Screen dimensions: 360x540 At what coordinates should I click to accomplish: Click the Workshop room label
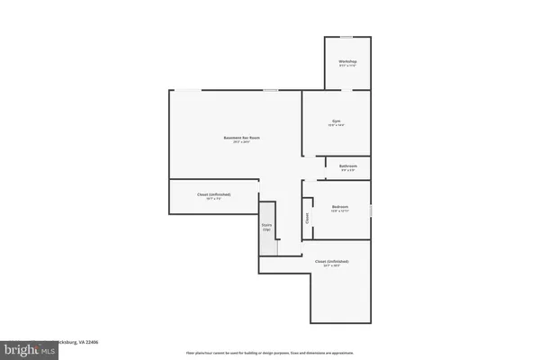coord(347,61)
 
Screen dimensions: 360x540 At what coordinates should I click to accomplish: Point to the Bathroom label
coord(348,166)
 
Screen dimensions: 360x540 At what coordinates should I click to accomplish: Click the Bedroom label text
coord(339,207)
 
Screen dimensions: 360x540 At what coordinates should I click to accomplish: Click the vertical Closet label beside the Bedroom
coord(307,217)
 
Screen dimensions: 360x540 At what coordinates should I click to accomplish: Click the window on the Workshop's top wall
coord(346,37)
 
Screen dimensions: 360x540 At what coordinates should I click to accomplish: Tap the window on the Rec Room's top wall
coord(270,89)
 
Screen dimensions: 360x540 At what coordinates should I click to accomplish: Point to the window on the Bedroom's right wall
coord(370,211)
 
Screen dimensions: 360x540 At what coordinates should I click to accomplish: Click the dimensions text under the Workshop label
coord(347,66)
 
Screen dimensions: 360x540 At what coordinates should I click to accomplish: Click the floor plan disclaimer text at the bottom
coord(270,353)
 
